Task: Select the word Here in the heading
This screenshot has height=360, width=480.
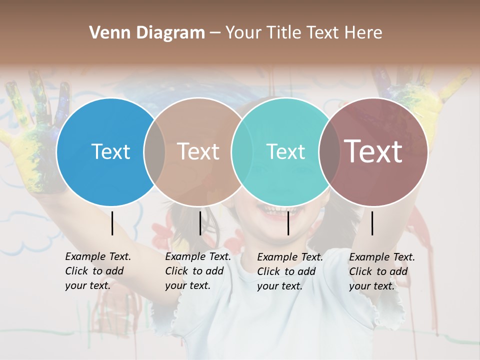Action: [x=364, y=33]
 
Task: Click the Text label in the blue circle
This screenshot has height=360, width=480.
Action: [x=110, y=151]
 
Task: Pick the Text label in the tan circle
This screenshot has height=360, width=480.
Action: [x=198, y=151]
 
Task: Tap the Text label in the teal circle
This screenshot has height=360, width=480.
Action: [x=285, y=151]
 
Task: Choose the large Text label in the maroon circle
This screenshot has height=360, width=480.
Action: [x=373, y=151]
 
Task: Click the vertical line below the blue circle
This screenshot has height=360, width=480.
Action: [x=112, y=223]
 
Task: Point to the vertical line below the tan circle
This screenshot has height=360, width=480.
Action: [x=200, y=223]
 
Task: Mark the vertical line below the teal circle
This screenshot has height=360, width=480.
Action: [x=288, y=223]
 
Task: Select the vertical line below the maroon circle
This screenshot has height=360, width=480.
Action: [x=372, y=223]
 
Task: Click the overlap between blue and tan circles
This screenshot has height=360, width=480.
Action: [x=154, y=151]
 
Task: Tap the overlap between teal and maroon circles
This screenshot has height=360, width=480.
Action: [x=329, y=151]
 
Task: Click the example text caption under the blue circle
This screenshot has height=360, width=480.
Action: [x=98, y=271]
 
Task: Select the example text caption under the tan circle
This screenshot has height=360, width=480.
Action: [x=198, y=271]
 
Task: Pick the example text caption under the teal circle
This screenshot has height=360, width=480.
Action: [x=290, y=271]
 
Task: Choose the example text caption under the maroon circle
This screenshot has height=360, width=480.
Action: [x=382, y=271]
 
